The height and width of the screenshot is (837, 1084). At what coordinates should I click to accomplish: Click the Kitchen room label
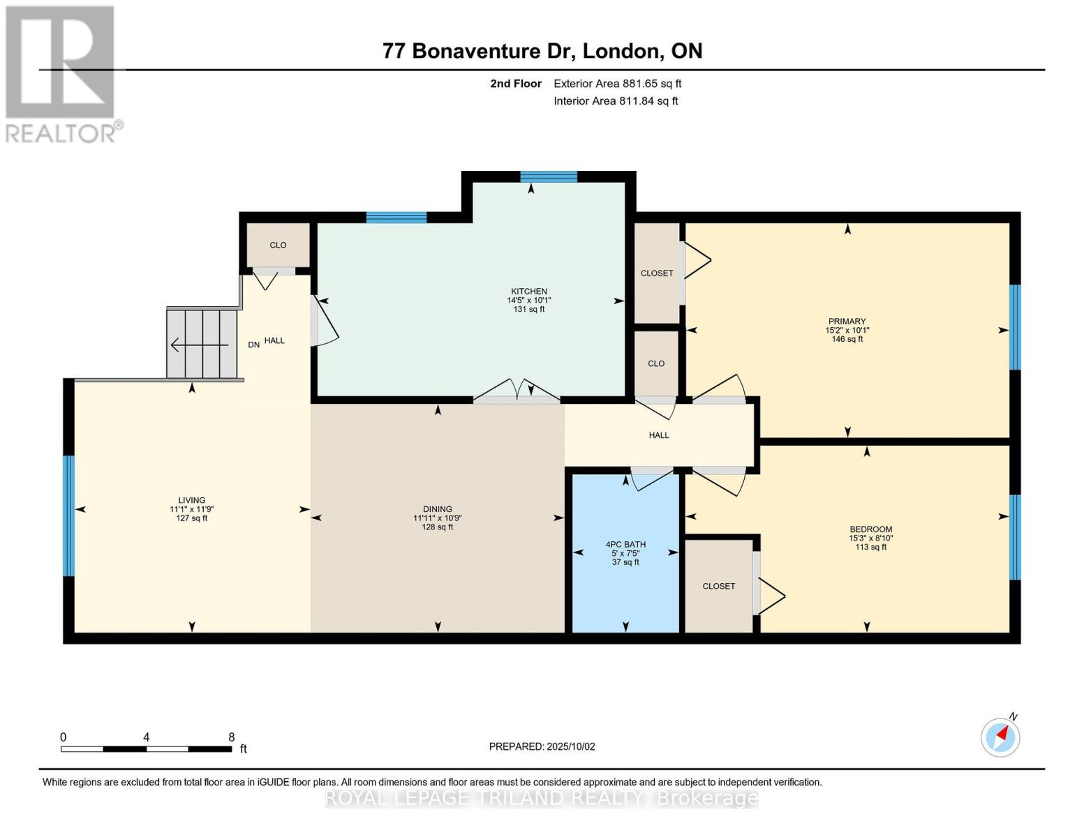[x=528, y=291]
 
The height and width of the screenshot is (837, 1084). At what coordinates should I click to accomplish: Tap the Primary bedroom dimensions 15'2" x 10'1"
[x=847, y=331]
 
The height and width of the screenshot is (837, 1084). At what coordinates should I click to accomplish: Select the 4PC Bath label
[x=625, y=544]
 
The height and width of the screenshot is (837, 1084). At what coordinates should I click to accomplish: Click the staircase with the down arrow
[x=202, y=344]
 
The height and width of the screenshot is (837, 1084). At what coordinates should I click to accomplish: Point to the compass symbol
[x=1000, y=737]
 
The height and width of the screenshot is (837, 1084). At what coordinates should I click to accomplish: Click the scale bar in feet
[x=146, y=748]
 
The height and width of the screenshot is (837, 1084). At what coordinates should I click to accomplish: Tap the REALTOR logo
[x=61, y=73]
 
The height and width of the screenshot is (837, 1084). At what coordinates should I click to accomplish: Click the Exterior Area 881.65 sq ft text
[x=617, y=84]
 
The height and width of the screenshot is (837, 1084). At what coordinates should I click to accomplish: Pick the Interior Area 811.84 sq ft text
[x=616, y=101]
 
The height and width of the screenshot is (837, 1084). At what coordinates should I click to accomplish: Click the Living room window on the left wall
[x=68, y=516]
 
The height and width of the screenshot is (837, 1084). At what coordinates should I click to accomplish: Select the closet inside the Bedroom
[x=719, y=586]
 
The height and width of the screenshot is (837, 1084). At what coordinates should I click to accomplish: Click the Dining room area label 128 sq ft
[x=437, y=527]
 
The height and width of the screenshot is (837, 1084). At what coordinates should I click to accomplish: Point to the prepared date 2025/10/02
[x=542, y=746]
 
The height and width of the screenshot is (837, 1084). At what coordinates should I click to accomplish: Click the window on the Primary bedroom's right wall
[x=1015, y=326]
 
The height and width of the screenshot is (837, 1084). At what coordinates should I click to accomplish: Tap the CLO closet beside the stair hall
[x=278, y=245]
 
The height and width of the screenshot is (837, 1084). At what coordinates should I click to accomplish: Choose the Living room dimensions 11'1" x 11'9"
[x=191, y=509]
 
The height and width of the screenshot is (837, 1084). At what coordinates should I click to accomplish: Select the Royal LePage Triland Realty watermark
[x=542, y=798]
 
